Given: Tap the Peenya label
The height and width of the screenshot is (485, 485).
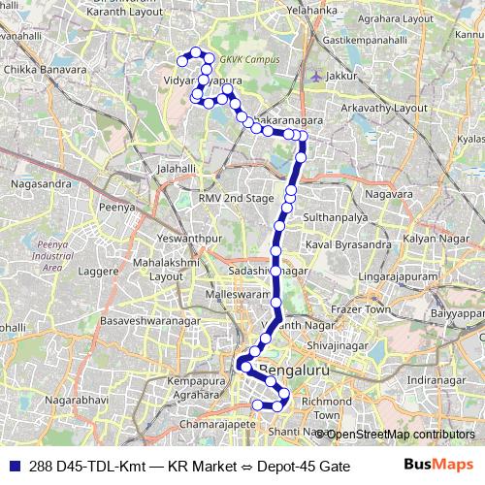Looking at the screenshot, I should click(115, 207).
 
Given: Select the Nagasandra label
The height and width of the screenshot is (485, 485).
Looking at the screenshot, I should click(39, 181).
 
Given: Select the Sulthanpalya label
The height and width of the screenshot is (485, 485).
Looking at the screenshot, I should click(332, 218).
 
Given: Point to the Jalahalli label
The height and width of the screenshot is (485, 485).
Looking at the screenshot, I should click(177, 168).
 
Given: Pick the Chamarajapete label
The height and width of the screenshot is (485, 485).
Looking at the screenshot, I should click(210, 425).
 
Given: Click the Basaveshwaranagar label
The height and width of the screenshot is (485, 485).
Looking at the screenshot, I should click(146, 319).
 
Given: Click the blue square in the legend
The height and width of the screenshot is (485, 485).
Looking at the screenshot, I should click(14, 467).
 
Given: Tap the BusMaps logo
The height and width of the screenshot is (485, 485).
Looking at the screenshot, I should click(439, 466).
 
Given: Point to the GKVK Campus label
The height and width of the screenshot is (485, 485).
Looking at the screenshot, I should click(255, 59).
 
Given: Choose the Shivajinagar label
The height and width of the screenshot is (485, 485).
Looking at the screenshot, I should click(339, 344).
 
